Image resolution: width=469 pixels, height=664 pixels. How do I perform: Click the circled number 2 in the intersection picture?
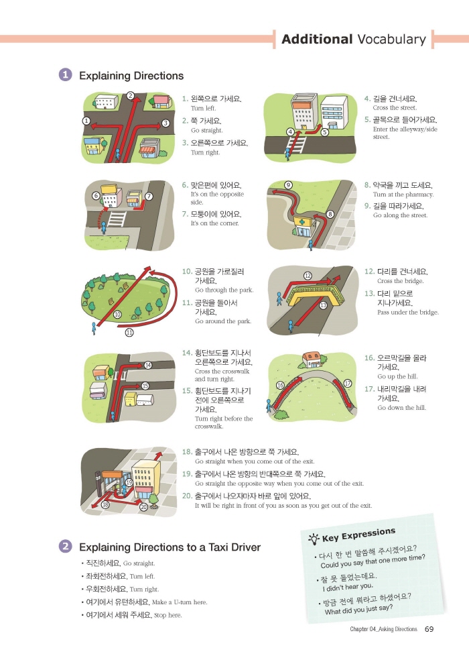(x=131, y=96)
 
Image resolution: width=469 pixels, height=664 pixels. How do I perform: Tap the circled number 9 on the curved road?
(x=288, y=184)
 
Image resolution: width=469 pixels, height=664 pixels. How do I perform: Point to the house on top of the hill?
(x=312, y=360)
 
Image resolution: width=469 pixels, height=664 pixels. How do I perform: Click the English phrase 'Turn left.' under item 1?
(x=203, y=109)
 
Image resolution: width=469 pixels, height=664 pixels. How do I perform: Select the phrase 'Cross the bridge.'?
(x=400, y=281)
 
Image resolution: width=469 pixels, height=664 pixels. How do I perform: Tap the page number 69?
(x=429, y=629)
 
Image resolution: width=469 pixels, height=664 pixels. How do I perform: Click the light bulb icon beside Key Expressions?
(x=314, y=539)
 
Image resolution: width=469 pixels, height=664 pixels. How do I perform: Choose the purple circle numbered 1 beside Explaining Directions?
(x=65, y=75)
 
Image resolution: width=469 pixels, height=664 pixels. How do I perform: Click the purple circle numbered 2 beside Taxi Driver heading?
(x=65, y=546)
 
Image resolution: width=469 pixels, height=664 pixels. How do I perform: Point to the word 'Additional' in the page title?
(x=317, y=40)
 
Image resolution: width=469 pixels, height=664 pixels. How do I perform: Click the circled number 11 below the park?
(x=129, y=333)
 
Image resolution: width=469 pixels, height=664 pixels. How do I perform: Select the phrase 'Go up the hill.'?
(x=397, y=376)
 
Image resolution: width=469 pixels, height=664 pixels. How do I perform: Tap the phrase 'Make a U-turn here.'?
(x=180, y=602)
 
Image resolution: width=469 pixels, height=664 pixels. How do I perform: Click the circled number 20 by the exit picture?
(x=143, y=507)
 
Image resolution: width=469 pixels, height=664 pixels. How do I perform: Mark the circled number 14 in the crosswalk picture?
(x=147, y=365)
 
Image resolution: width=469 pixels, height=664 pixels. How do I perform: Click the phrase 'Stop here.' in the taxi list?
(x=168, y=615)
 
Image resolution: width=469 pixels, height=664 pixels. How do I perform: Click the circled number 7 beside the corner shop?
(x=149, y=196)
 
